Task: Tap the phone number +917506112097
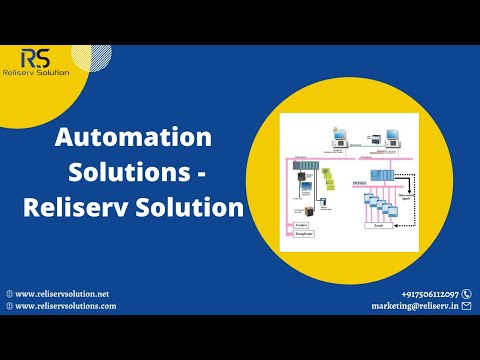pos(429,293)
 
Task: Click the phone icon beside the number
pos(467,293)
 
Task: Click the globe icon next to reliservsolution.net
pos(10,293)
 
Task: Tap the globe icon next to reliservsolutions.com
pos(10,306)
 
